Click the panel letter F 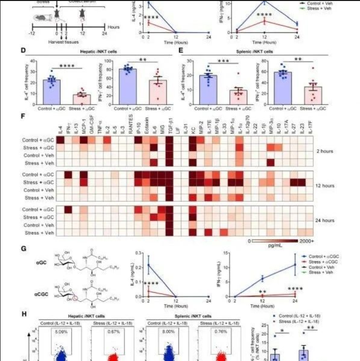(x=23, y=117)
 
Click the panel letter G (x=23, y=249)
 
